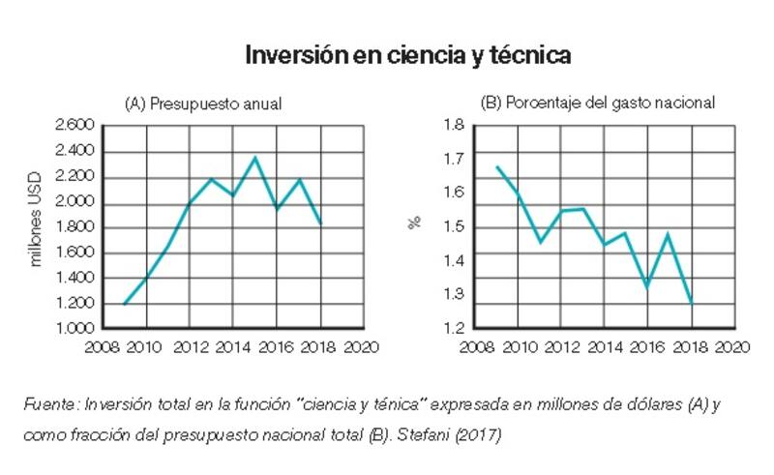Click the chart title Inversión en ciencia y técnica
407,55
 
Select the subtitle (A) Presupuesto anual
203,104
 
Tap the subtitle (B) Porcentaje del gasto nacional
597,104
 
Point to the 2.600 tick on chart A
75,125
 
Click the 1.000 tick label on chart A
75,329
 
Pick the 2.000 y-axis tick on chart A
75,201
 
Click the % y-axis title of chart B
414,223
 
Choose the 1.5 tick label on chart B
453,226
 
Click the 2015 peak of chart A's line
254,157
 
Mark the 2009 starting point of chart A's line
125,304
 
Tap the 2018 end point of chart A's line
319,223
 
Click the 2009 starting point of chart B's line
496,167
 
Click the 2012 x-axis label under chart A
189,346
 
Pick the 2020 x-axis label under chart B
733,346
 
